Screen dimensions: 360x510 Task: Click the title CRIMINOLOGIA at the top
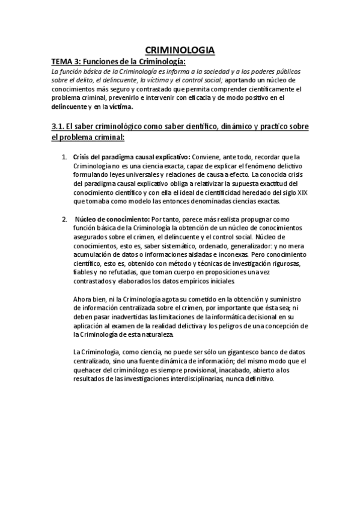(x=180, y=51)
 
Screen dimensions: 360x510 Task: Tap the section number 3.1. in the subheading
(x=58, y=126)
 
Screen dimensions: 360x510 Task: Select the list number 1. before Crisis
(x=66, y=157)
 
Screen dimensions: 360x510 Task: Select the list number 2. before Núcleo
(x=66, y=220)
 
